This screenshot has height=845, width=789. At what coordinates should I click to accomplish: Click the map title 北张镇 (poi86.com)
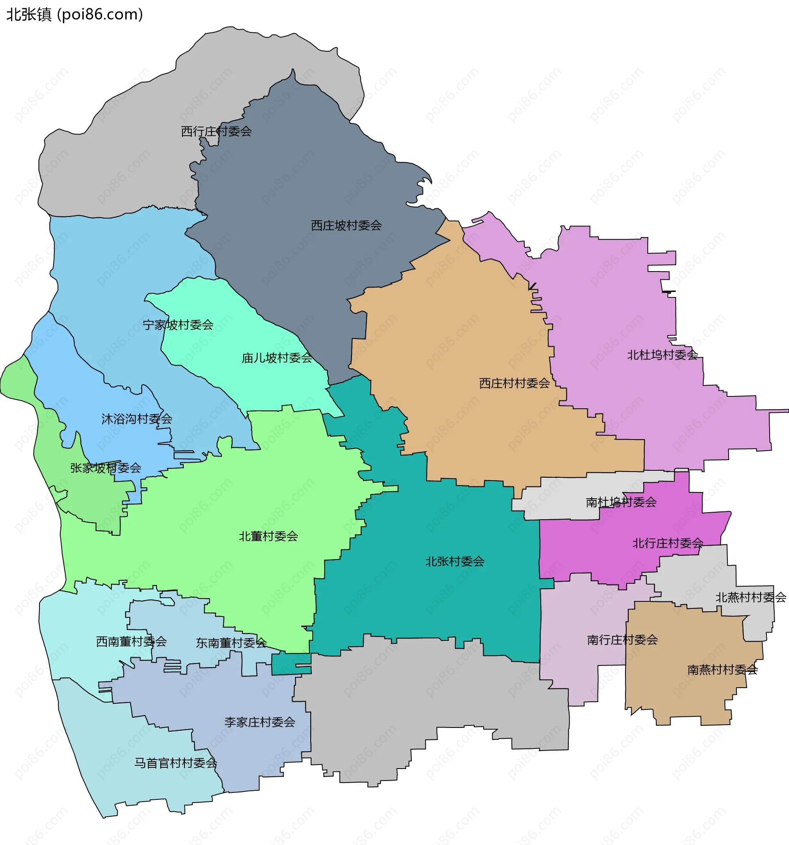pos(75,15)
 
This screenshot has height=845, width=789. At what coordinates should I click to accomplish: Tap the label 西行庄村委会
pos(216,132)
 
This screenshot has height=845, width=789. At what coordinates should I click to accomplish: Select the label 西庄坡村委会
pos(346,226)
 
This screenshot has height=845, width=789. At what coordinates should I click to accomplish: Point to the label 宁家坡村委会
pos(178,325)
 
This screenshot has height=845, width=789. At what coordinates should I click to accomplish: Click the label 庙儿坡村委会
pos(277,358)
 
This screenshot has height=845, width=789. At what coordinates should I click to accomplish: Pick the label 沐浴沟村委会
pos(136,419)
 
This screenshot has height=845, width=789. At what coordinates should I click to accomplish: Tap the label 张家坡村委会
pos(106,468)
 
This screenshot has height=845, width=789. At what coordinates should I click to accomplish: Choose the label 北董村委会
pos(268,536)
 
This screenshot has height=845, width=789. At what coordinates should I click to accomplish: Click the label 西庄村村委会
pos(514,383)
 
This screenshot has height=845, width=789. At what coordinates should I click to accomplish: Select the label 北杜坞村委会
pos(662,355)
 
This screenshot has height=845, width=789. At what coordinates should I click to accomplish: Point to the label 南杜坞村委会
pos(621,502)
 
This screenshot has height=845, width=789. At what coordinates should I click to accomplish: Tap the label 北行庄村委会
pos(668,543)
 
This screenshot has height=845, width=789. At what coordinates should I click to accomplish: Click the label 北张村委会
pos(455,562)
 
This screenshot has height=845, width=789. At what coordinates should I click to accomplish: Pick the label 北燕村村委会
pos(751,598)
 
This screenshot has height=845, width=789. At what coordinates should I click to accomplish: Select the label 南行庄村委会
pos(622,640)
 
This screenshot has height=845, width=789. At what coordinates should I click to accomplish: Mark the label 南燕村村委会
pos(722,670)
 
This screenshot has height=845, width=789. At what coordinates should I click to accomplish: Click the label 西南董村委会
pos(131,641)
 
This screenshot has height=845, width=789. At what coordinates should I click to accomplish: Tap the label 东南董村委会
pos(231,643)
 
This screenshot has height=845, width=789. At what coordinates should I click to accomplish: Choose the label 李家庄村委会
pos(260,722)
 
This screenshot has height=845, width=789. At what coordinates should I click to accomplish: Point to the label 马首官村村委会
pos(175,763)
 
